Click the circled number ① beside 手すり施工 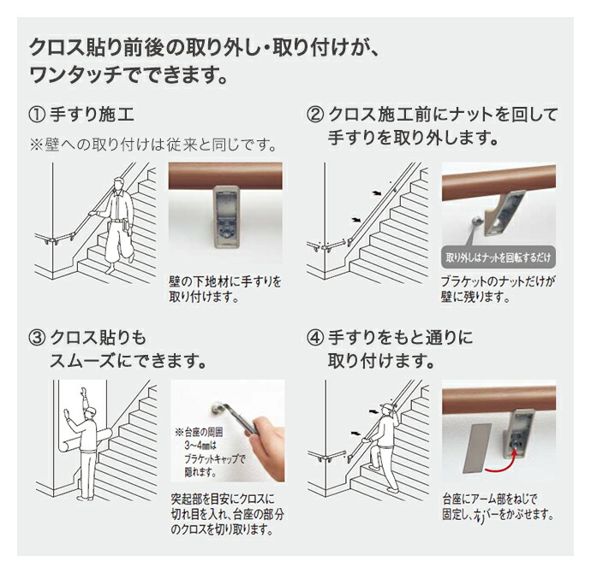pyautogui.click(x=38, y=115)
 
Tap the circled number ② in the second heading pyautogui.click(x=315, y=115)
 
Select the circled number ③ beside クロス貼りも pyautogui.click(x=38, y=338)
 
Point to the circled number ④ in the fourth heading pyautogui.click(x=315, y=338)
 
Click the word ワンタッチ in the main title pyautogui.click(x=76, y=75)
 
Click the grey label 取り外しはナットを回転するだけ pyautogui.click(x=498, y=257)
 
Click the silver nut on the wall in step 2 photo pyautogui.click(x=476, y=222)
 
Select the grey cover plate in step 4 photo pyautogui.click(x=476, y=448)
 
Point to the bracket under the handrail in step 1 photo pyautogui.click(x=226, y=216)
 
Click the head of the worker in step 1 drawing pyautogui.click(x=119, y=185)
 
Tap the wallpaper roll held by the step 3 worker pyautogui.click(x=87, y=441)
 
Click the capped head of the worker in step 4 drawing pyautogui.click(x=387, y=409)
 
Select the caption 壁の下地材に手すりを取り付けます pyautogui.click(x=224, y=289)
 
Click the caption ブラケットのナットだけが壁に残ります pyautogui.click(x=498, y=289)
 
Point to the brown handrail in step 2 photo pyautogui.click(x=498, y=181)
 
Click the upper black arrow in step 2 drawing pyautogui.click(x=376, y=193)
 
